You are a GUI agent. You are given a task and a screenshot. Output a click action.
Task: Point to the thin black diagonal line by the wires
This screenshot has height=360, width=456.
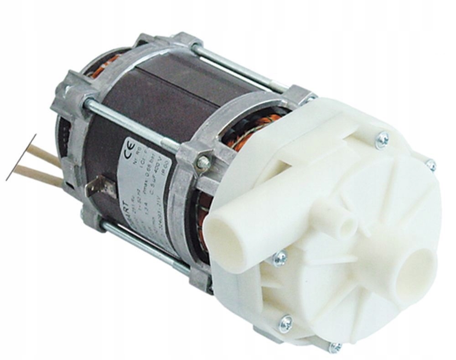(21, 157)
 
